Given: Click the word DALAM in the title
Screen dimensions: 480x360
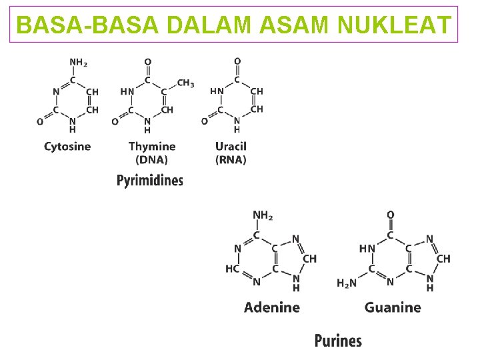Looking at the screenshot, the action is point(209,25).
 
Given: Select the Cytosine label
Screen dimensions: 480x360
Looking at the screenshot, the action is point(67,146).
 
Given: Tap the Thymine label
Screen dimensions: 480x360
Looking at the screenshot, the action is point(152,146).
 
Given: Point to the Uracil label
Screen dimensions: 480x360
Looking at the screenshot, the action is point(231,146).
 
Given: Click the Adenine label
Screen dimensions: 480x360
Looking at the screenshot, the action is point(271,307).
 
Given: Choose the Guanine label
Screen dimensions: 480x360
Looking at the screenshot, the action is point(393,307).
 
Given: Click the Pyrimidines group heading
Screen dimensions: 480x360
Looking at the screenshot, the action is point(150,180).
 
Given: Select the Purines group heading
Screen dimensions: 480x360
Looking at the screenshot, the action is point(338,341).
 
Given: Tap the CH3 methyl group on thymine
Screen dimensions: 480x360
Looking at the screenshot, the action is point(185,83).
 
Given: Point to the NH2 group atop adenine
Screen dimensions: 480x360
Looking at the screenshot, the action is point(263,215).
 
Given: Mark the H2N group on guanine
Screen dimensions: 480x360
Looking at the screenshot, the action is point(347,283).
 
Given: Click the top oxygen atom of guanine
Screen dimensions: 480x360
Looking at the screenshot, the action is point(391,215).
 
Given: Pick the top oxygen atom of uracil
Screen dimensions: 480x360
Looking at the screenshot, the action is point(237,61).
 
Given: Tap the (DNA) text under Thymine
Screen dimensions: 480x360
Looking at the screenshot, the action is point(151,160).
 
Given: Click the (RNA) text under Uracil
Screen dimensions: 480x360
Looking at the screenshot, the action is point(231,160).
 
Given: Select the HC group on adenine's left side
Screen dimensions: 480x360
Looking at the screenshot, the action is point(233,269).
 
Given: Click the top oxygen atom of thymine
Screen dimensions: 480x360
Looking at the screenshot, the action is point(148,61).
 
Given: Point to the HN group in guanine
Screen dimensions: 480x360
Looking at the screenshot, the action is point(367,248).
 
